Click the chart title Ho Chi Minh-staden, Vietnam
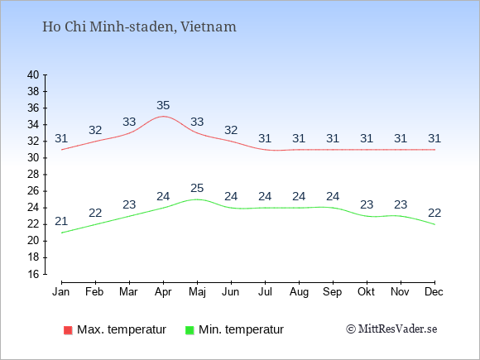click(x=139, y=26)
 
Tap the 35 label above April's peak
click(x=163, y=105)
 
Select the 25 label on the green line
click(x=197, y=188)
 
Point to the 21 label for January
click(x=61, y=221)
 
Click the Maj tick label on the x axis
click(x=197, y=292)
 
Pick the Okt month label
click(x=366, y=291)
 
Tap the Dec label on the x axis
click(x=434, y=291)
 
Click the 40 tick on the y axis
click(x=33, y=74)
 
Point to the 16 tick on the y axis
click(x=33, y=274)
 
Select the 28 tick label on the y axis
click(x=33, y=175)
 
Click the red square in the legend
click(x=68, y=330)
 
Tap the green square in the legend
click(x=190, y=330)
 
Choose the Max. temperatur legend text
click(x=122, y=329)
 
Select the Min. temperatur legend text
click(x=241, y=329)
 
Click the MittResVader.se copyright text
click(x=391, y=329)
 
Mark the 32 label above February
click(x=95, y=130)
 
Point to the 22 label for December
click(x=434, y=213)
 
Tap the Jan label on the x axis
click(x=61, y=291)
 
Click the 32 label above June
click(x=231, y=130)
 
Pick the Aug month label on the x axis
click(x=299, y=292)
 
